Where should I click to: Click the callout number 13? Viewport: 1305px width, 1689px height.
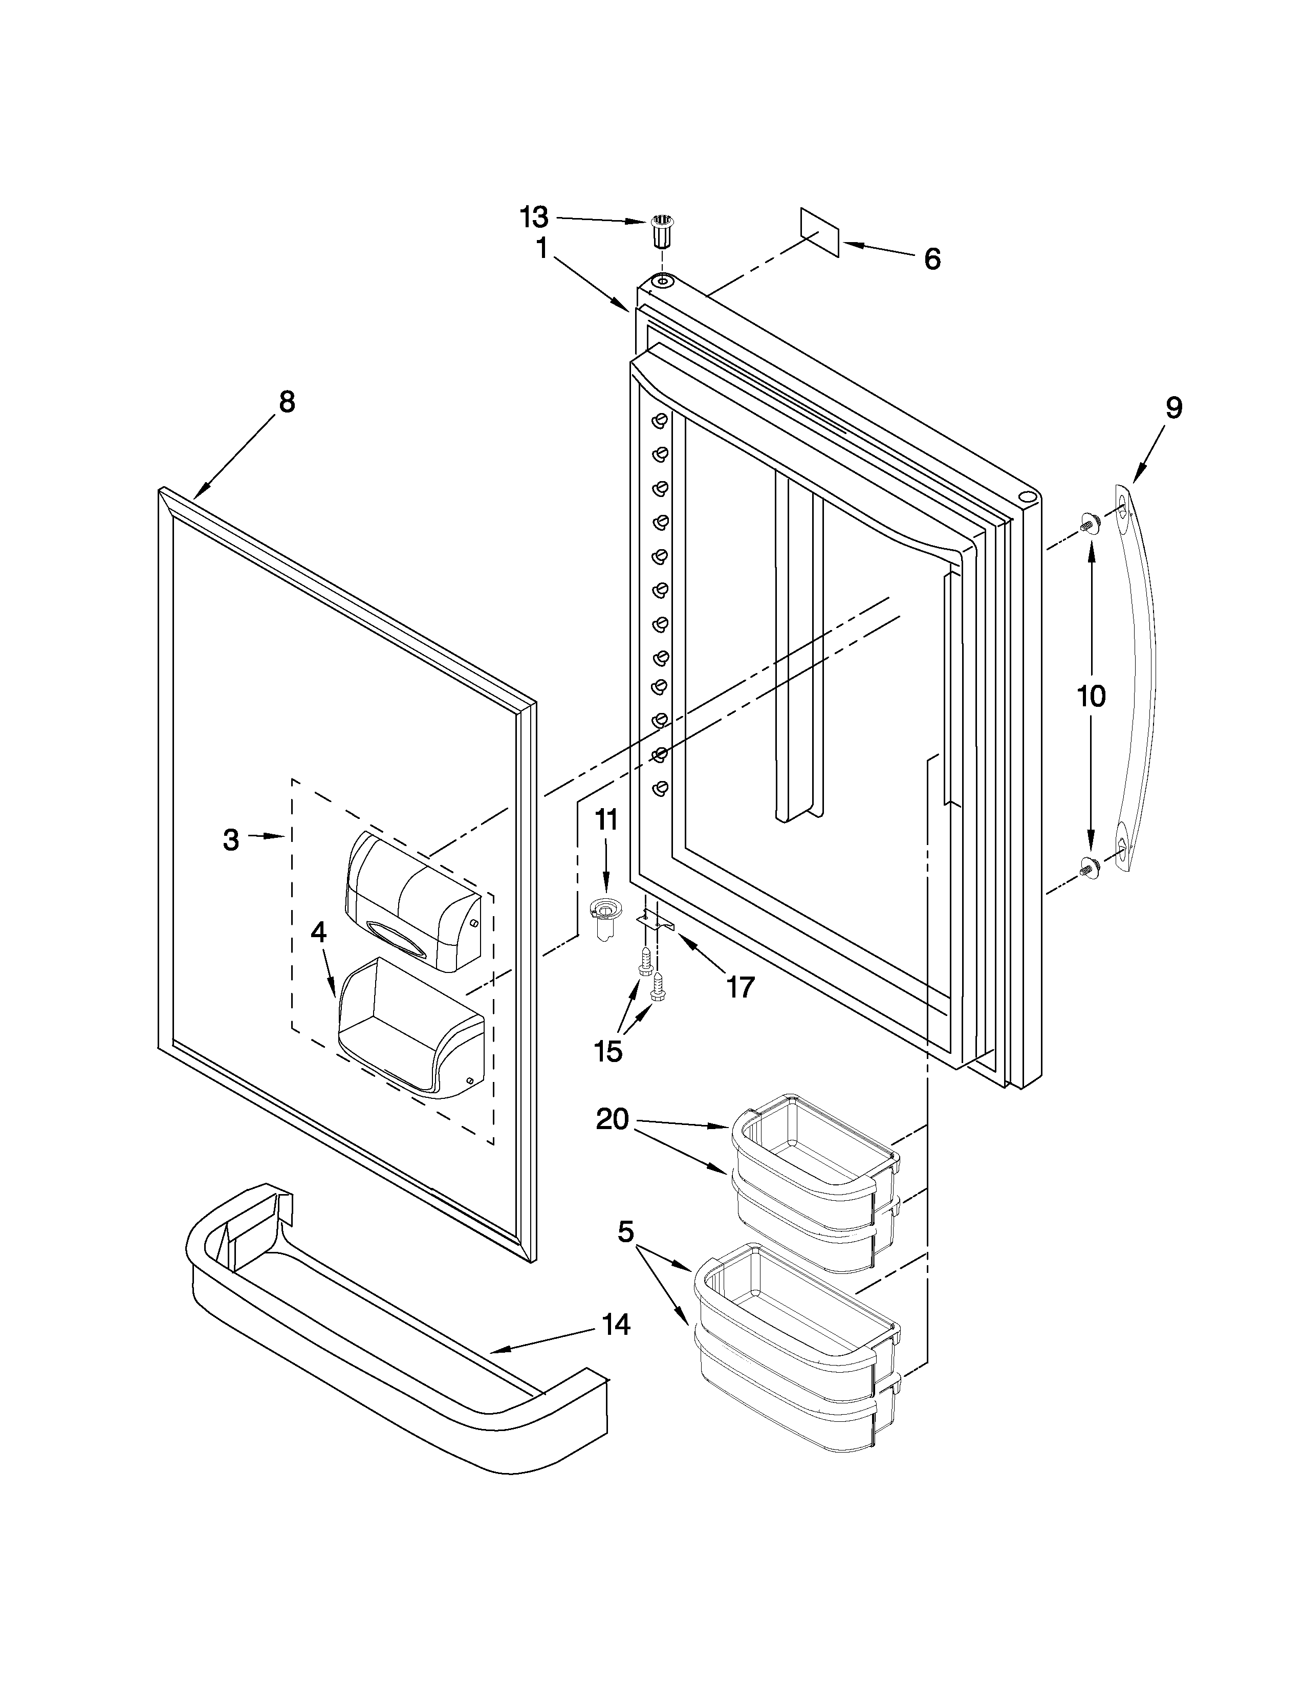point(533,218)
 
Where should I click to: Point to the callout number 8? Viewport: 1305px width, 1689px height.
point(287,402)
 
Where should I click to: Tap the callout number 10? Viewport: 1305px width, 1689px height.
point(1091,697)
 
